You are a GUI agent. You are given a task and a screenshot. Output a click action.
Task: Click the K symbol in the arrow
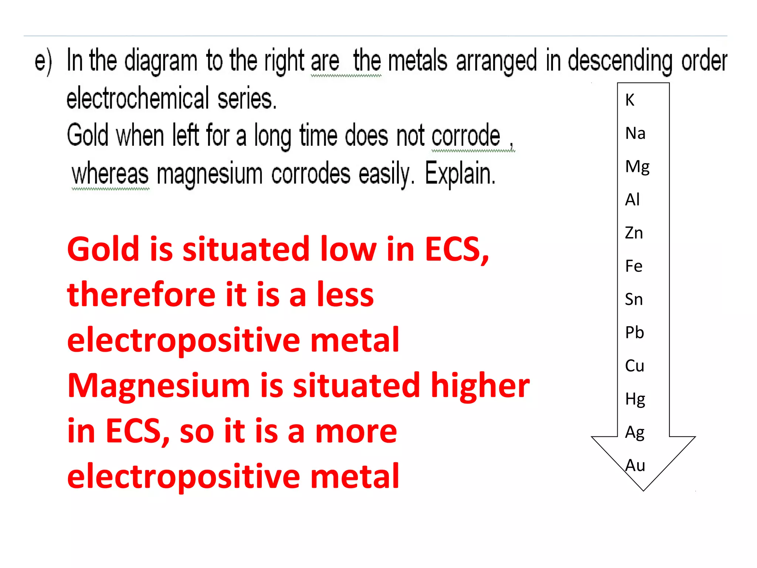(630, 100)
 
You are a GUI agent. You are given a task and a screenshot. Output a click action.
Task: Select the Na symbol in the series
(635, 133)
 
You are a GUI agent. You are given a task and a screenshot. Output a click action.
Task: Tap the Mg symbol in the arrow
(637, 167)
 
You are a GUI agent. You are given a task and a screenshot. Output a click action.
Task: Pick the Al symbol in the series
(632, 200)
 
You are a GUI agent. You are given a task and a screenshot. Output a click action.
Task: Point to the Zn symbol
(634, 233)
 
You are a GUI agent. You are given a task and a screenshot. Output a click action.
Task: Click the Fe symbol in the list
(634, 266)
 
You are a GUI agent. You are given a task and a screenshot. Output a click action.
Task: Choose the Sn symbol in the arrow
(634, 299)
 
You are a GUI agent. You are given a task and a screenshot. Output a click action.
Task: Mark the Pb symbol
(634, 332)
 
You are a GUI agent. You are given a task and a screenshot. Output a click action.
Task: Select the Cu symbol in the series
(634, 366)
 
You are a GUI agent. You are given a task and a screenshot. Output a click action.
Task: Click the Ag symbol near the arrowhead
(635, 433)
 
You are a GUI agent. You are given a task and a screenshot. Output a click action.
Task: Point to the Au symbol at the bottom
(635, 465)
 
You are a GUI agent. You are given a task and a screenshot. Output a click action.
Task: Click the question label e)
(43, 61)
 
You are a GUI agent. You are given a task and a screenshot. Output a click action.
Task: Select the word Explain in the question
(460, 173)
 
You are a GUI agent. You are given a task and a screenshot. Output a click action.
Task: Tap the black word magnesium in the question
(210, 174)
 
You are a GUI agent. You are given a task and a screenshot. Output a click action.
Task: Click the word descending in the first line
(620, 61)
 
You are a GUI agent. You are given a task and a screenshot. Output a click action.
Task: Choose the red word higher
(480, 385)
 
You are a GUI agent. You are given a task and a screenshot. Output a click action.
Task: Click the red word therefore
(141, 295)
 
